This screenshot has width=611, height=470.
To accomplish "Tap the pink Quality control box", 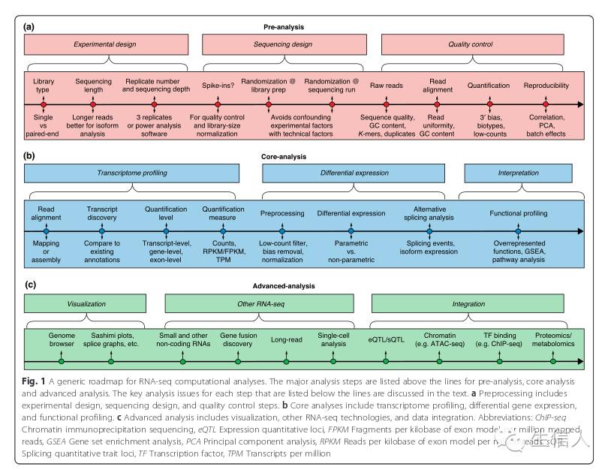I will [469, 45].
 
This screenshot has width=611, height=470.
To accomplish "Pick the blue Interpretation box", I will [519, 173].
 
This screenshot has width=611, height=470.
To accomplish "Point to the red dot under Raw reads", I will [387, 104].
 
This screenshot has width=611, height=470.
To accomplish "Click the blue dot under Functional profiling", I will [518, 232].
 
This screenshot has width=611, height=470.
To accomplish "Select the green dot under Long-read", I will [285, 361].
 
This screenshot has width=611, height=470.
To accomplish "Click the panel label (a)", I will [29, 27].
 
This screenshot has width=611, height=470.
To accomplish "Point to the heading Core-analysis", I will [305, 157].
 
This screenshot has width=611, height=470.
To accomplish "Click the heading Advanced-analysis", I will [305, 286].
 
